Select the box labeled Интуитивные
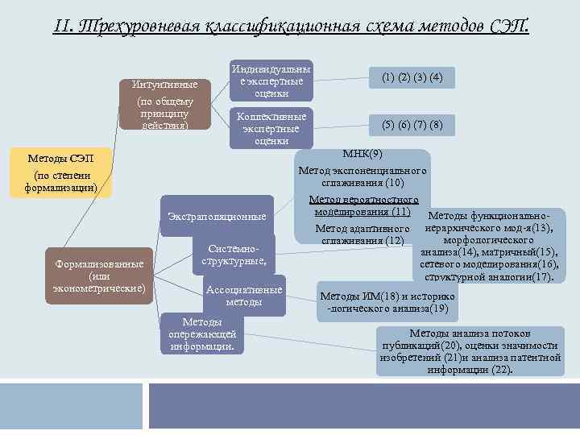(166, 103)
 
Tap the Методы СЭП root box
(60, 171)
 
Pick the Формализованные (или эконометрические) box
(99, 275)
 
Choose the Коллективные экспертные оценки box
(271, 128)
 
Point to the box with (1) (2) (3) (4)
(412, 77)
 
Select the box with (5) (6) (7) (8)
(412, 125)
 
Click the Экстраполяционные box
(217, 217)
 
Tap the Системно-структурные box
(234, 255)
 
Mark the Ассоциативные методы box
(244, 296)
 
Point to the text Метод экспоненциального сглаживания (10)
(362, 177)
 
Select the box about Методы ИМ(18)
(388, 301)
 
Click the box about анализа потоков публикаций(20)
(469, 351)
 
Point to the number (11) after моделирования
(399, 212)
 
